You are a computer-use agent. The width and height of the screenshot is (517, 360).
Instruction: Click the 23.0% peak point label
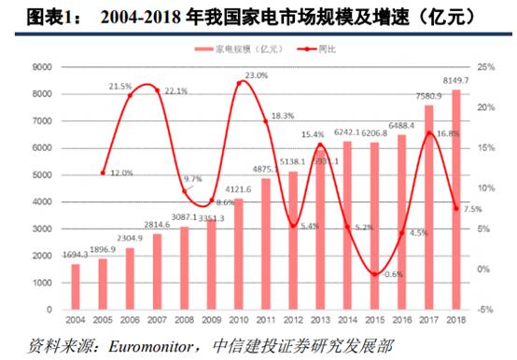256,75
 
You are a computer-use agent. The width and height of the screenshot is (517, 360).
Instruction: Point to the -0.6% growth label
393,274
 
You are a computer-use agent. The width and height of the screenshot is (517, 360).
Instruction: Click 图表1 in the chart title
21,16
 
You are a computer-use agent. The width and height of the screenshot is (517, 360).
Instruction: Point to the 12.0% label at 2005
121,173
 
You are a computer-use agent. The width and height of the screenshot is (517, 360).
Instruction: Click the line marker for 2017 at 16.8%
429,133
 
